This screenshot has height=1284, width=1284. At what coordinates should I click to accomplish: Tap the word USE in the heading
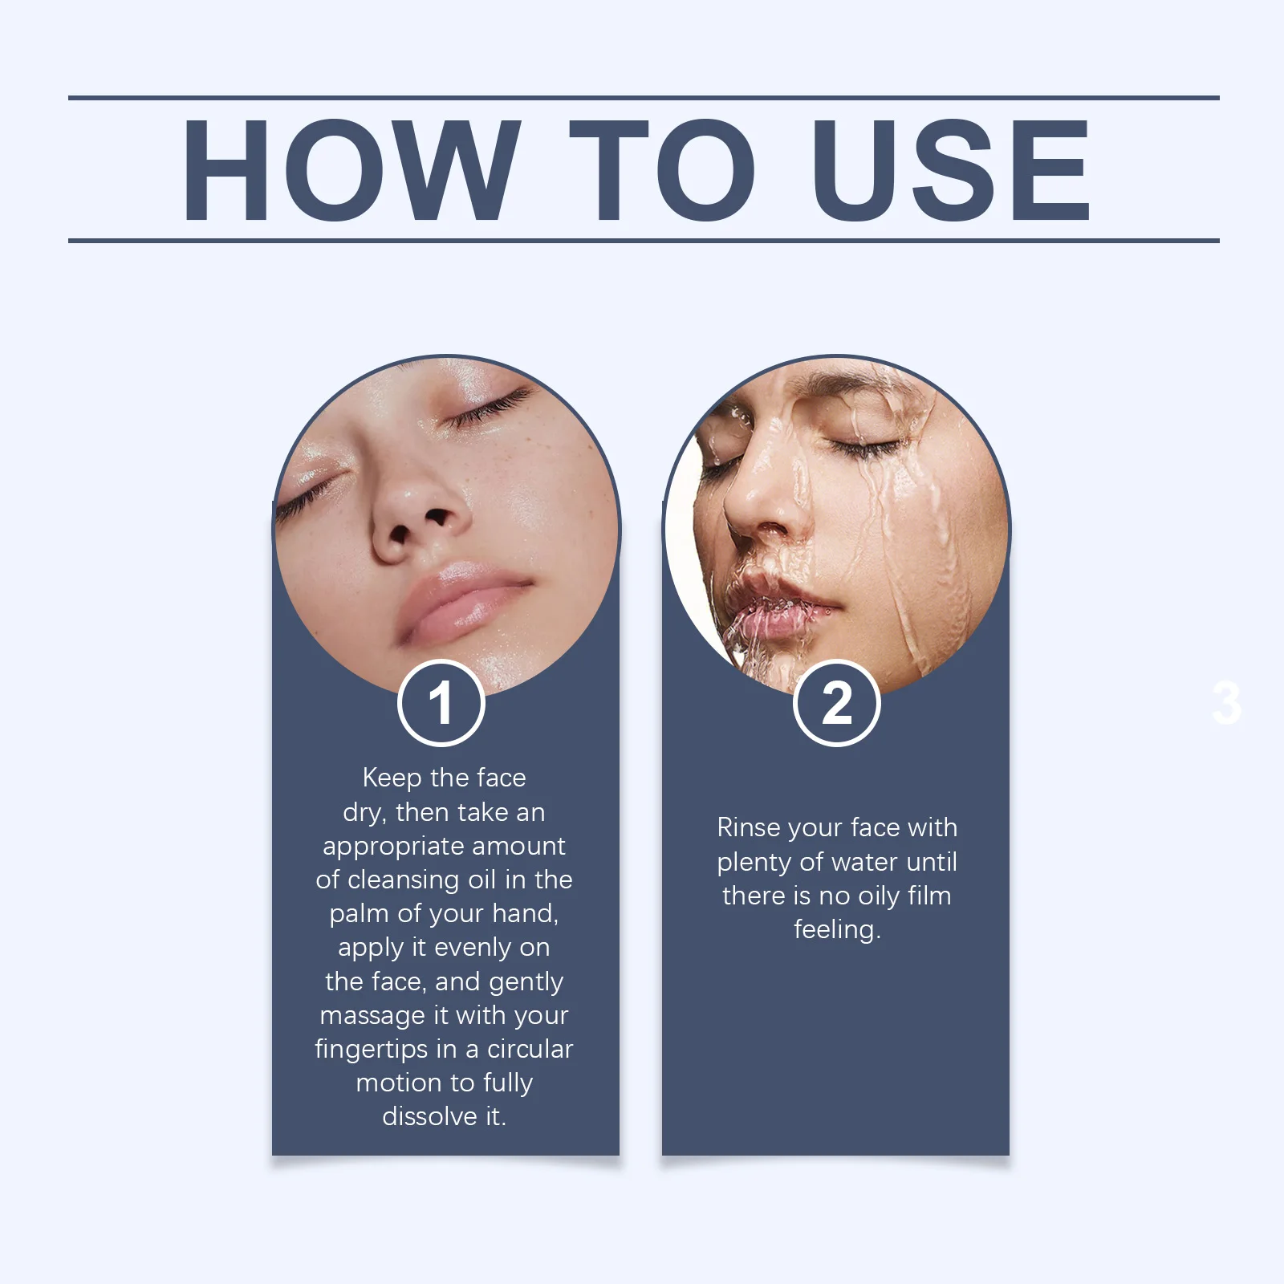point(950,169)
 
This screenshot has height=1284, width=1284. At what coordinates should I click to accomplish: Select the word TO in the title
point(662,169)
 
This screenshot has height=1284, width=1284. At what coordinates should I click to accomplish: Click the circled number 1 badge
point(441,703)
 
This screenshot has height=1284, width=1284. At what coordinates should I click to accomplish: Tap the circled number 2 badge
point(836,703)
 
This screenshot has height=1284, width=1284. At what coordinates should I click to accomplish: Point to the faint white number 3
point(1226,704)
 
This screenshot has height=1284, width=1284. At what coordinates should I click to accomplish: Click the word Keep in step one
point(392,778)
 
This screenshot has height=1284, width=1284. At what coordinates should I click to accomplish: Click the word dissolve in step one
point(430,1116)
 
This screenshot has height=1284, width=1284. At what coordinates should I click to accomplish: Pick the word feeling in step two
point(835,930)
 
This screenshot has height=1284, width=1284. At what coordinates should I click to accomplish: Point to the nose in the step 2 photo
point(762,506)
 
